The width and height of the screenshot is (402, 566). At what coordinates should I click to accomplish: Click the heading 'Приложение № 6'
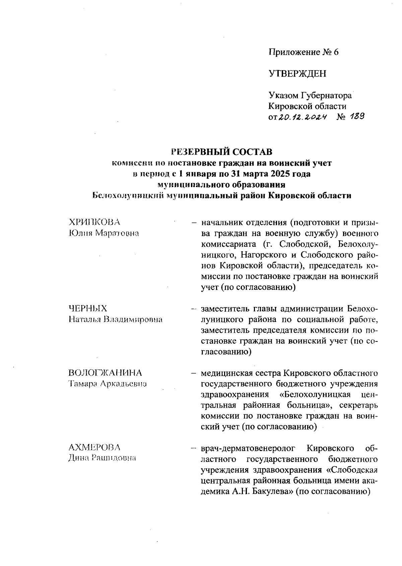(x=304, y=52)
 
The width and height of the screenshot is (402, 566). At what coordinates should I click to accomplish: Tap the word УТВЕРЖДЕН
(x=297, y=74)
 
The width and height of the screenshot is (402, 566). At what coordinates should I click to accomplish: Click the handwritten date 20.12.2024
(x=300, y=117)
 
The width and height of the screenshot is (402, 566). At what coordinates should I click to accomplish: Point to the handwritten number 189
(x=356, y=116)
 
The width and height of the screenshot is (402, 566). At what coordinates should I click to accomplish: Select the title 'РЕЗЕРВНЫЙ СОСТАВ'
(x=222, y=152)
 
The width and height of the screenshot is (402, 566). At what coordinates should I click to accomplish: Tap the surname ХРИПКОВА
(x=94, y=222)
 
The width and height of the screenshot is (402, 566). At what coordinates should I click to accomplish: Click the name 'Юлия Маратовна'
(x=104, y=233)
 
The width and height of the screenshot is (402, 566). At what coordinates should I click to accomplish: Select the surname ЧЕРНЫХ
(x=88, y=308)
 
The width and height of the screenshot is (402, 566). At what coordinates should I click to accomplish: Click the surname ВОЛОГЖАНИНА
(x=105, y=373)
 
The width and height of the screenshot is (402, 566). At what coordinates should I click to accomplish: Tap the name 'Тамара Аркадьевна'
(x=108, y=384)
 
